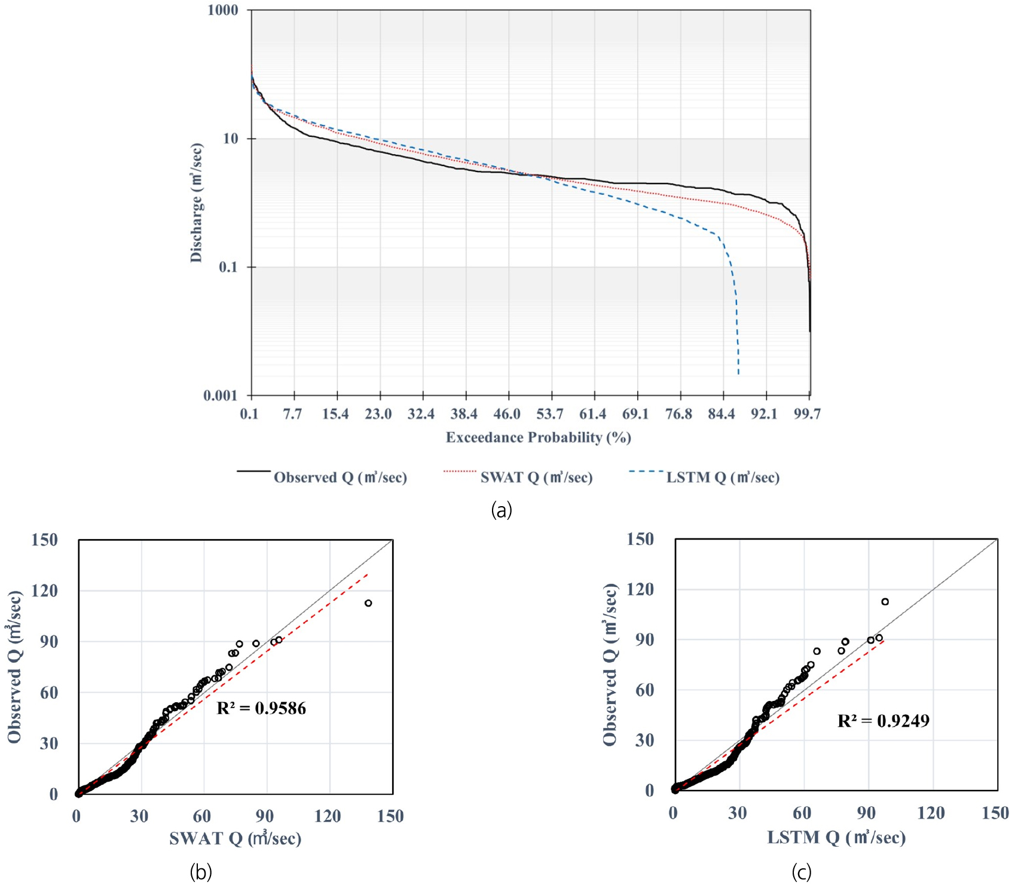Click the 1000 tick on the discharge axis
coord(222,10)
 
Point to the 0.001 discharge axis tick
coord(220,396)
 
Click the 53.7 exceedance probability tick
coord(549,414)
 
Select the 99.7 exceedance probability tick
coord(807,414)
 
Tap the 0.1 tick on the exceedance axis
coord(249,414)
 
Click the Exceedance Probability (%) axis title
coord(538,437)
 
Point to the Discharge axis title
coord(196,203)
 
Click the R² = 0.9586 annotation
coord(261,709)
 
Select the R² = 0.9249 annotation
coord(883,721)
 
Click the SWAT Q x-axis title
coord(235,838)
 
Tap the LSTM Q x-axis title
coord(836,838)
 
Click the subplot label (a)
coord(501,510)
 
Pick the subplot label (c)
coord(802,872)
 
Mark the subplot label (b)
coord(201,872)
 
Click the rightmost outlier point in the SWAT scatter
coord(368,603)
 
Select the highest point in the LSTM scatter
coord(885,602)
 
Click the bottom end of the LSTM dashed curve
coord(739,374)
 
